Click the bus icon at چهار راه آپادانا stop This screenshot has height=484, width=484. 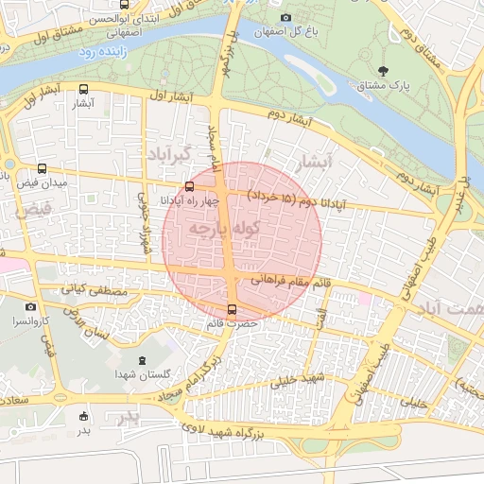coord(190,186)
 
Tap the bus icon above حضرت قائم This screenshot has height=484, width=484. coord(233,310)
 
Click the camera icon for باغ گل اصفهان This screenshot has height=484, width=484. coord(285,17)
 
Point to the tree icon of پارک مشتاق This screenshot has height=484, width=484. coord(383,71)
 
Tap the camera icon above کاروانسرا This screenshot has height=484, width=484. coord(30,307)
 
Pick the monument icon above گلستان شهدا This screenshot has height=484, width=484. coord(143,361)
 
